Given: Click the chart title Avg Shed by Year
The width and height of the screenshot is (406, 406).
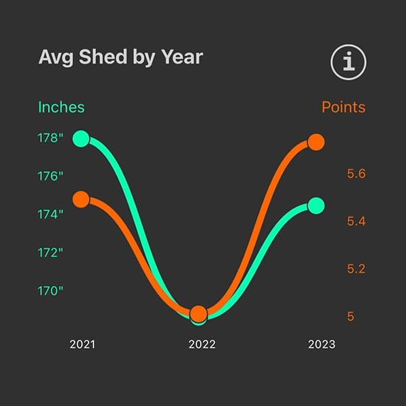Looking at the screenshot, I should point(120,58).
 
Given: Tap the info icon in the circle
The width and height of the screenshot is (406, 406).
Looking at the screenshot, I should point(348,63).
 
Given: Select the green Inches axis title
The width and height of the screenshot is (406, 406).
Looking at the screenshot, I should point(62,107).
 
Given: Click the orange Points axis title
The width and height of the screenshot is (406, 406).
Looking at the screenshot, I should point(343,107).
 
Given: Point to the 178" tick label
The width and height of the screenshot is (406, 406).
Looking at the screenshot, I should point(50,138).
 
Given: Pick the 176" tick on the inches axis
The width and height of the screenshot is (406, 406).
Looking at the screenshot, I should point(50,176).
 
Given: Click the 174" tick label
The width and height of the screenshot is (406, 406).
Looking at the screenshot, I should point(50,214).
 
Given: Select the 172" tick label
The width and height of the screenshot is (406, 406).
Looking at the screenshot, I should point(50,252).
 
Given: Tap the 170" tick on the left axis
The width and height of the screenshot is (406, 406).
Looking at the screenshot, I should point(50,290).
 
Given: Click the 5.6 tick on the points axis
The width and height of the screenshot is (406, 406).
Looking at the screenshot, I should point(356,174).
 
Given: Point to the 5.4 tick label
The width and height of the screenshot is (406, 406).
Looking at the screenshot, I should point(356,221).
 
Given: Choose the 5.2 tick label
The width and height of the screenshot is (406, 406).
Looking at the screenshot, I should point(356,269).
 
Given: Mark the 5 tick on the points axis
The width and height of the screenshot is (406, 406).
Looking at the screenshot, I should point(351,316).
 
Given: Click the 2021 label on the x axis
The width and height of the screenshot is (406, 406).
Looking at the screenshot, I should point(83,344).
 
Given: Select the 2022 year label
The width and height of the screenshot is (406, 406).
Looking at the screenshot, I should point(202,344).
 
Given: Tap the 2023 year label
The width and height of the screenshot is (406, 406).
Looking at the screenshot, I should point(321,344).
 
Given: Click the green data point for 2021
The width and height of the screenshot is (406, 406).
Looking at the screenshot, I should point(81,139).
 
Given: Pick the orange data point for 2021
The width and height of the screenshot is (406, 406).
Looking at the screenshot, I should point(81,200).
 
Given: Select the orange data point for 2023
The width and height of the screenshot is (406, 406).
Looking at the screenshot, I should point(316,142).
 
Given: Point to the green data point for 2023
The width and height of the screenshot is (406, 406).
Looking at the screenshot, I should point(316,205).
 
